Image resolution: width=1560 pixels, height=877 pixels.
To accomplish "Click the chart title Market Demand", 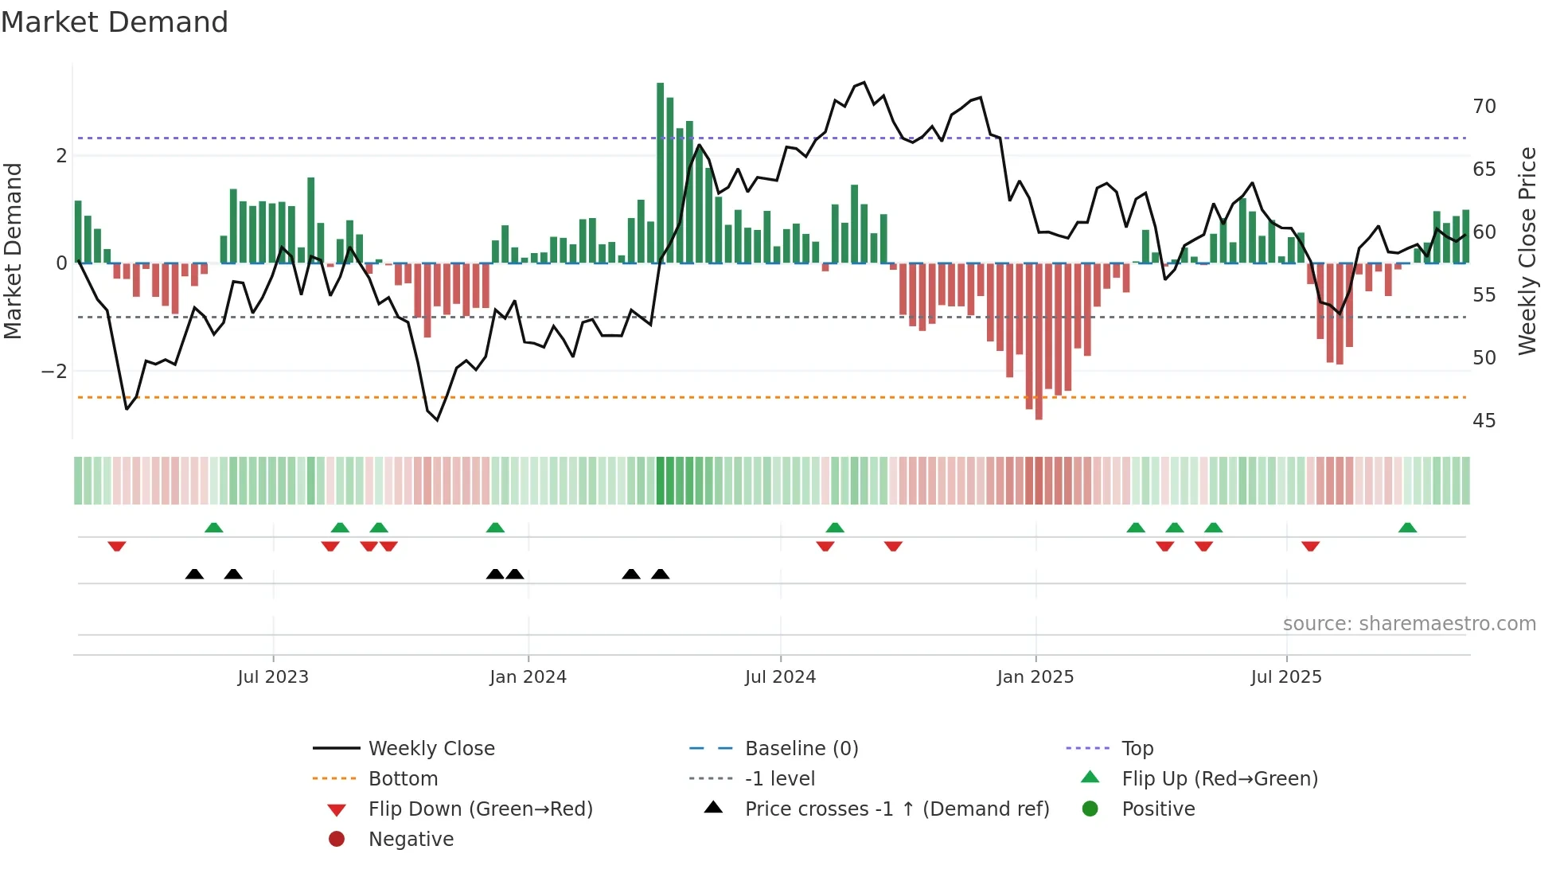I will click(x=115, y=22).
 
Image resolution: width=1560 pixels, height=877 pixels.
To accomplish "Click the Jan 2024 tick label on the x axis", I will click(x=528, y=677).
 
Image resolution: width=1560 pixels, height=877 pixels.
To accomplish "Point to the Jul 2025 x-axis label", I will click(x=1285, y=677).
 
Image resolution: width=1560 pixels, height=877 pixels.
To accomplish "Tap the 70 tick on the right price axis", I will click(x=1484, y=107).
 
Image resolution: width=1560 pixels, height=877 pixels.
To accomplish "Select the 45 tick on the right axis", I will click(x=1484, y=421).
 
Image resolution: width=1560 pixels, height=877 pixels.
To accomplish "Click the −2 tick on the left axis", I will click(x=54, y=372).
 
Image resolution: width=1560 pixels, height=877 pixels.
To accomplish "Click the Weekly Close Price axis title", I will click(x=1527, y=251).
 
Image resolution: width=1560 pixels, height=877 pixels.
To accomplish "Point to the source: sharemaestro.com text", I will click(x=1409, y=624).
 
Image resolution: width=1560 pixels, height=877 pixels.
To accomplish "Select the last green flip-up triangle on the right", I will click(x=1407, y=528).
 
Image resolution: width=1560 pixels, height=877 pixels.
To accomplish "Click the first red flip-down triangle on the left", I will click(x=117, y=546).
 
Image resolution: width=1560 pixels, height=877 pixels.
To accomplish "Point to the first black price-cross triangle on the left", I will click(x=194, y=574).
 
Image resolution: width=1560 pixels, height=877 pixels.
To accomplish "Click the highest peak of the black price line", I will click(x=864, y=82).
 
